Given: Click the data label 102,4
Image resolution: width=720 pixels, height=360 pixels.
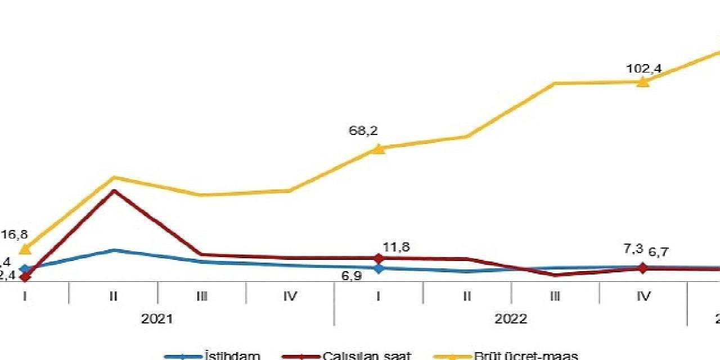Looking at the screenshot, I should (x=643, y=69).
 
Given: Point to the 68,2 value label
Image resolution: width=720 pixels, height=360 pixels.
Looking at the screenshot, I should (x=363, y=131).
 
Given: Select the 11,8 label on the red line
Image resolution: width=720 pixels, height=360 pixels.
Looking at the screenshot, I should (x=396, y=247).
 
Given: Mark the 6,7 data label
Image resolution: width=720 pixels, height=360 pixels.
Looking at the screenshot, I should (x=658, y=252).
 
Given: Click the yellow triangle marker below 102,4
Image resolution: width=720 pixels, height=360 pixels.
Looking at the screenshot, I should (x=643, y=82).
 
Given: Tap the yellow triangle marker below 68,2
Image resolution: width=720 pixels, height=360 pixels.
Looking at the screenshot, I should (x=379, y=148).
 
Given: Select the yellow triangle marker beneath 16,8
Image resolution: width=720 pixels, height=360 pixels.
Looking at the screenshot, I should (x=25, y=249).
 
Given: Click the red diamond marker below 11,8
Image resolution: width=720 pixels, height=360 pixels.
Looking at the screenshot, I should (x=379, y=258).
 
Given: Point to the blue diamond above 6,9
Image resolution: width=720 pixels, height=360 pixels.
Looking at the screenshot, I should (x=379, y=268).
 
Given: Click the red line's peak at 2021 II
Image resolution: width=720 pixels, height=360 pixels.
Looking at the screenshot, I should (x=114, y=191).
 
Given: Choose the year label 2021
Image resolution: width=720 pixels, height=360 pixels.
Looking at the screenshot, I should (x=157, y=319).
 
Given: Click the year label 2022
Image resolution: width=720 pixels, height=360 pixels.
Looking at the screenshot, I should (x=511, y=319).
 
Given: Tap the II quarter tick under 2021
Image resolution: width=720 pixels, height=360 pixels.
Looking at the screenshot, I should (x=114, y=296).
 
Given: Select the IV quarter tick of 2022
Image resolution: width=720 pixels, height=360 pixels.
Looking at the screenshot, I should (x=643, y=296).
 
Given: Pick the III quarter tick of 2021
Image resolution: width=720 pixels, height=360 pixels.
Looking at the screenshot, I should (x=202, y=296).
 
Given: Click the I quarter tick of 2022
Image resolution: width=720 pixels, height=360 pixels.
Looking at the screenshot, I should (x=379, y=296).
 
